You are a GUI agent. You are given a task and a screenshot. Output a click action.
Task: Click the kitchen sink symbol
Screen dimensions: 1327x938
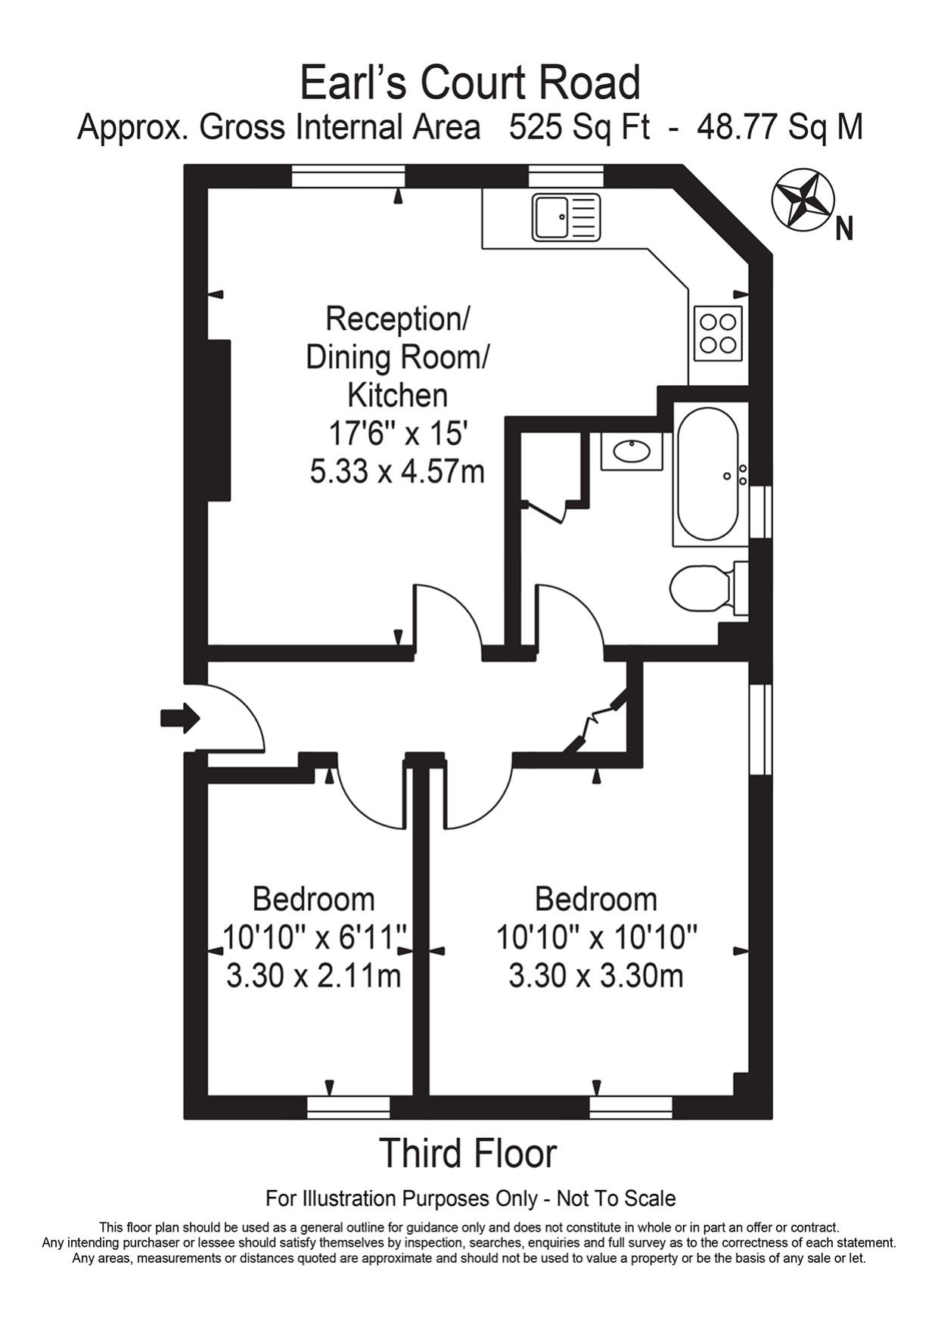pyautogui.click(x=566, y=217)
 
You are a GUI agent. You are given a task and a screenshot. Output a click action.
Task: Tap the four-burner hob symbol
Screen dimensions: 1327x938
pyautogui.click(x=718, y=334)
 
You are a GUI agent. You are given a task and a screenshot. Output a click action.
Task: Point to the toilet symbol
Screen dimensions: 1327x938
pyautogui.click(x=702, y=588)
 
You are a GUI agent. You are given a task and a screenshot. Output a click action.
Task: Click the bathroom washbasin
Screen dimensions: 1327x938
pyautogui.click(x=632, y=452)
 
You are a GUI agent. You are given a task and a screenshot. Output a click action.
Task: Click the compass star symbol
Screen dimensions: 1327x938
pyautogui.click(x=803, y=199)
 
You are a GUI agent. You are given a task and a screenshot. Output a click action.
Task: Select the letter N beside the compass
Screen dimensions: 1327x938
pyautogui.click(x=844, y=228)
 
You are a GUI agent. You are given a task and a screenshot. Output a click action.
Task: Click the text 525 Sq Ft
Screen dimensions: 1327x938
pyautogui.click(x=579, y=127)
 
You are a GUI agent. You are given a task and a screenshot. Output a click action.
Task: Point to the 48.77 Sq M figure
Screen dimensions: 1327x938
pyautogui.click(x=779, y=127)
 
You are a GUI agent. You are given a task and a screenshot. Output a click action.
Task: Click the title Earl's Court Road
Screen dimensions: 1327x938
pyautogui.click(x=470, y=82)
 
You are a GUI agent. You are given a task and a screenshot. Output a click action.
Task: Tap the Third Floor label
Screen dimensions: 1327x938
pyautogui.click(x=468, y=1153)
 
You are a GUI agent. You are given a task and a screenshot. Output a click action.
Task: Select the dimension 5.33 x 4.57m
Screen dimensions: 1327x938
pyautogui.click(x=396, y=471)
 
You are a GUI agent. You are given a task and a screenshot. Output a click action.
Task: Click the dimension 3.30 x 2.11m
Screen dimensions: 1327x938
pyautogui.click(x=313, y=975)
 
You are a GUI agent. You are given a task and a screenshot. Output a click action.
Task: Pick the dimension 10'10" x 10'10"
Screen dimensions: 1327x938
pyautogui.click(x=596, y=938)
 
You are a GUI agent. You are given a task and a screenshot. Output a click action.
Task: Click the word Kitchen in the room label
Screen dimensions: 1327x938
pyautogui.click(x=397, y=395)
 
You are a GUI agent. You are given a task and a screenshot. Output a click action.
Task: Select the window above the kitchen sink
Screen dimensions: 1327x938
pyautogui.click(x=566, y=176)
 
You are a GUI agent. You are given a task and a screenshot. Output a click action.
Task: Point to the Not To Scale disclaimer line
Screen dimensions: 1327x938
pyautogui.click(x=470, y=1198)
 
